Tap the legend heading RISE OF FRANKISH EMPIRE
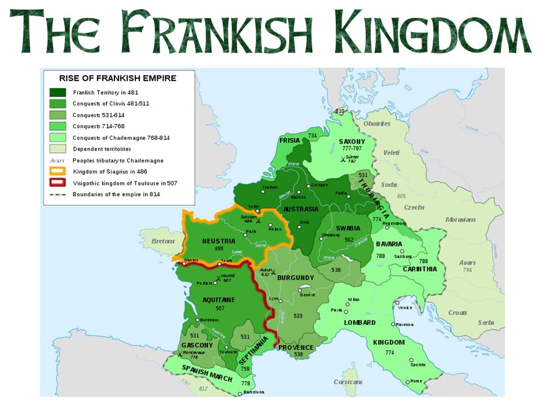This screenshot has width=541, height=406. tap(118, 78)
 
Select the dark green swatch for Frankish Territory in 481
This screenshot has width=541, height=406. tap(57, 92)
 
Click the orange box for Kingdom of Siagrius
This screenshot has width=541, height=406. tap(57, 171)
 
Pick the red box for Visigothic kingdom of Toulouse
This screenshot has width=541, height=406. tap(57, 183)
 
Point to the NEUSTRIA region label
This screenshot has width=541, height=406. tap(219, 241)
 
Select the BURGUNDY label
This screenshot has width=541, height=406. tap(296, 278)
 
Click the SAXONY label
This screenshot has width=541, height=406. tap(352, 142)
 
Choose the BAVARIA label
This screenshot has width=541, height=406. tap(389, 244)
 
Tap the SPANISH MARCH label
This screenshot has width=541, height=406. tap(207, 373)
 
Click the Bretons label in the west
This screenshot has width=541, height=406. tap(164, 241)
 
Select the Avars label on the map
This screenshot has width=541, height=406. tap(467, 262)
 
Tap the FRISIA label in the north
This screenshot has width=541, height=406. tap(290, 140)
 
